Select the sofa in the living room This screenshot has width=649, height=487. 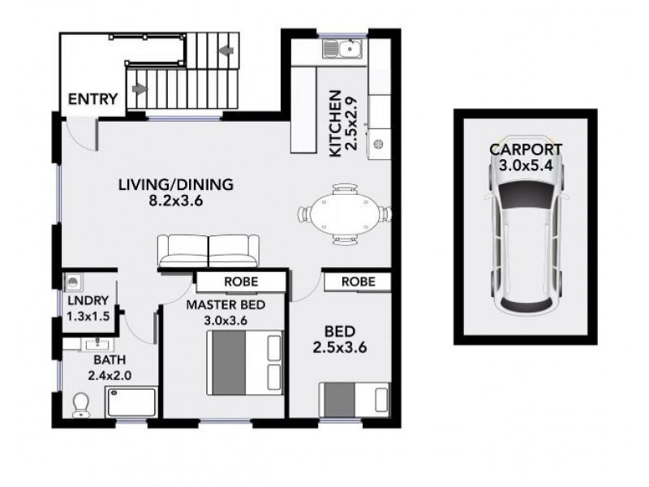click(208, 251)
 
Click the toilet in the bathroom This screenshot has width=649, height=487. click(82, 406)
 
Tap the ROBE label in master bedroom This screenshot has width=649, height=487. click(242, 282)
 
